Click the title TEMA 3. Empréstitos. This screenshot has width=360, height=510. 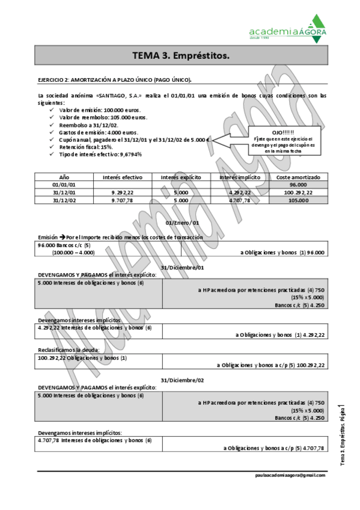[180, 56]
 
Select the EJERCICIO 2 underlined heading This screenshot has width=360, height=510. [114, 79]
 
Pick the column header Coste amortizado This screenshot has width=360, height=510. [298, 177]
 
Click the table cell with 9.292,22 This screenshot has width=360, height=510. [123, 192]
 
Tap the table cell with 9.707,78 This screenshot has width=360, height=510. [123, 200]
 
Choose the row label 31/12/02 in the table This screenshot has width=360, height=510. [64, 200]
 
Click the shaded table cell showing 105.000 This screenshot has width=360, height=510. [298, 200]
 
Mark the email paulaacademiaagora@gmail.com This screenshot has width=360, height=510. [290, 475]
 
